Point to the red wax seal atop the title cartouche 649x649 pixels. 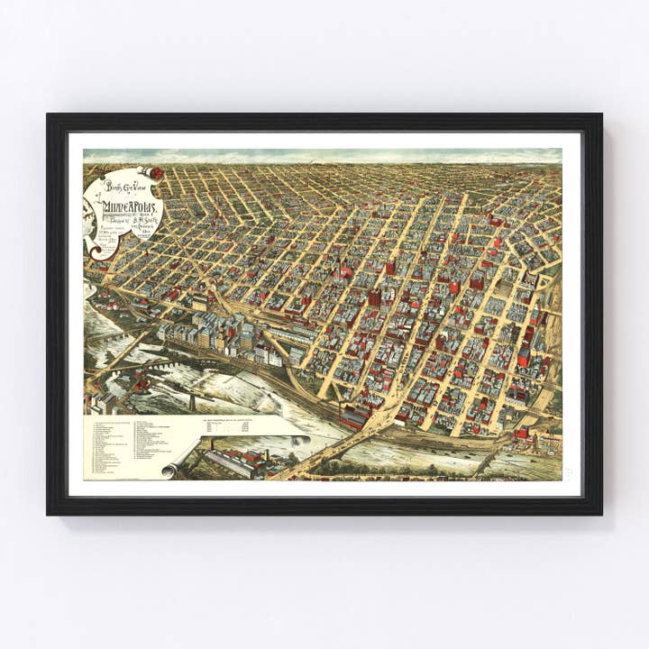pyautogui.click(x=156, y=172)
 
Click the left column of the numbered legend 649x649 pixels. pyautogui.click(x=110, y=446)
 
